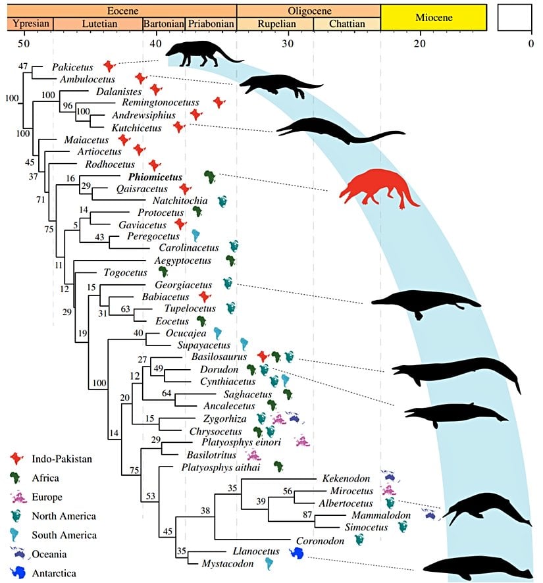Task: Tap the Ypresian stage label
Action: tap(28, 24)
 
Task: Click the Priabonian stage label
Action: tap(211, 24)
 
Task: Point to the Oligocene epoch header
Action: tap(309, 11)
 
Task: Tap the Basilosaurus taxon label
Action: tap(228, 356)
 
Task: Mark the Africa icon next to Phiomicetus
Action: tap(210, 176)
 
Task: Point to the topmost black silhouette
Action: tap(201, 54)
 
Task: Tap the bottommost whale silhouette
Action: tap(476, 567)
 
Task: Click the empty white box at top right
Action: tap(518, 16)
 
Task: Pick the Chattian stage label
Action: tap(346, 24)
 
